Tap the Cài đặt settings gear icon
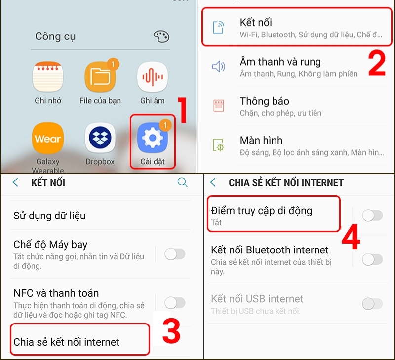pyautogui.click(x=152, y=139)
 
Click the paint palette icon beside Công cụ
pyautogui.click(x=161, y=36)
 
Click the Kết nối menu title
pyautogui.click(x=256, y=22)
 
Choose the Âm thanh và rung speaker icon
pyautogui.click(x=218, y=67)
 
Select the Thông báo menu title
pyautogui.click(x=264, y=101)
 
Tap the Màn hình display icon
pyautogui.click(x=218, y=145)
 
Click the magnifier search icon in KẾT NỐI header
pyautogui.click(x=182, y=182)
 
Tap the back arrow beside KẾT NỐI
pyautogui.click(x=15, y=182)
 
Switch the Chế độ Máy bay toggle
pyautogui.click(x=175, y=254)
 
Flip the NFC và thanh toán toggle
pyautogui.click(x=175, y=303)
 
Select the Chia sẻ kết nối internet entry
pyautogui.click(x=67, y=342)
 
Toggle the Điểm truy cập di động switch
pyautogui.click(x=372, y=215)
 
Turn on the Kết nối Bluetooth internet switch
pyautogui.click(x=372, y=259)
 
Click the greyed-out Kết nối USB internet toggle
pyautogui.click(x=372, y=304)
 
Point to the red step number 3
pyautogui.click(x=171, y=332)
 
